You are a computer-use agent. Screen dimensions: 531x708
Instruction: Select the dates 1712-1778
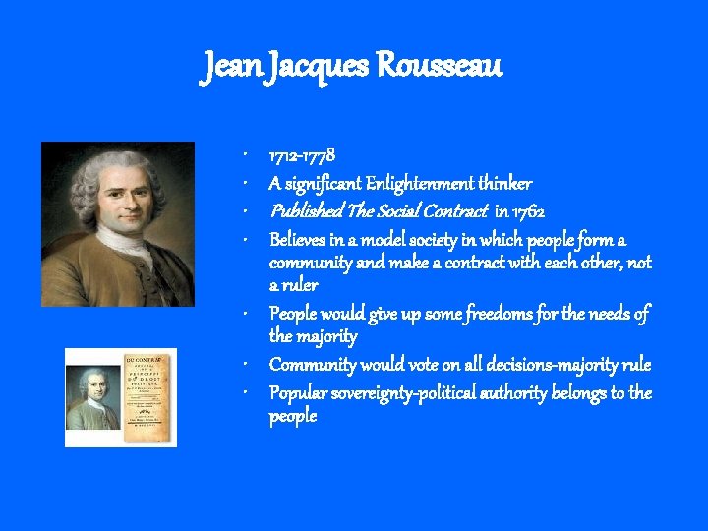(303, 155)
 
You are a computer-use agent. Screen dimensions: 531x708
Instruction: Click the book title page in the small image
(146, 396)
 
